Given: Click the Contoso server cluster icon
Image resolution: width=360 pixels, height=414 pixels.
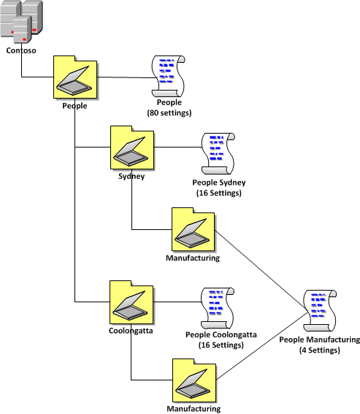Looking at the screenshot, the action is click(x=21, y=21).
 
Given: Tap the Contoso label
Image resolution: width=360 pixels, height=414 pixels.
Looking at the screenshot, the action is click(x=21, y=50).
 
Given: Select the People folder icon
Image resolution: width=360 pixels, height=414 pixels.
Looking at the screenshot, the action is click(x=75, y=77).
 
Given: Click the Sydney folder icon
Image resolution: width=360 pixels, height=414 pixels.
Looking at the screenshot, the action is click(x=132, y=147).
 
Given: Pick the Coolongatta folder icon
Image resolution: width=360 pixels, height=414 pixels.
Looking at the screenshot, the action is click(x=131, y=302).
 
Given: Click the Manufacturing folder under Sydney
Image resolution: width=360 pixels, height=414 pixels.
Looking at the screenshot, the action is click(x=194, y=229).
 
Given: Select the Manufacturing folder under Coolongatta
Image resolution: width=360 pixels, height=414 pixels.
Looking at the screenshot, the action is click(x=194, y=380).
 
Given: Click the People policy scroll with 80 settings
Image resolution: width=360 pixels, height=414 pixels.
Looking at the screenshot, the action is click(x=168, y=76).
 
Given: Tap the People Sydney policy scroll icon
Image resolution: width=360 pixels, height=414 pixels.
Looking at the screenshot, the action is click(x=218, y=153).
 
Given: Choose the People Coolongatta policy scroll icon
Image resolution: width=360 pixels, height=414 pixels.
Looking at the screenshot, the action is click(x=218, y=308).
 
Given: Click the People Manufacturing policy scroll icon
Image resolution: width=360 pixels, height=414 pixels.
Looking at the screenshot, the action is click(x=320, y=310).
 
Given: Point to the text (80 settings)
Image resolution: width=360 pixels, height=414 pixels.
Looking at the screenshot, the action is click(x=169, y=113).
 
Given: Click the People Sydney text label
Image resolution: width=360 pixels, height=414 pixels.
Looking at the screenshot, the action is click(x=219, y=183).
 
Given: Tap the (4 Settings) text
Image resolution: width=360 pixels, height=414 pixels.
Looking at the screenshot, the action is click(x=320, y=350).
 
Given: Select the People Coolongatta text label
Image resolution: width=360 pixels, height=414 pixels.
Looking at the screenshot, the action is click(x=221, y=334).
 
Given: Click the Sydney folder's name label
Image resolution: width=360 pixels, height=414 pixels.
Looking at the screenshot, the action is click(x=131, y=176).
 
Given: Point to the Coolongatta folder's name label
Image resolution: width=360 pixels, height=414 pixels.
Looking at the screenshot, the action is click(x=131, y=331).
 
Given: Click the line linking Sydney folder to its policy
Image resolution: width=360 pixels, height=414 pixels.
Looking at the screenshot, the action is click(x=177, y=147).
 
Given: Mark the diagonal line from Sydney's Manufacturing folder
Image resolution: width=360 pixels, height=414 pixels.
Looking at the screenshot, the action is click(x=261, y=272).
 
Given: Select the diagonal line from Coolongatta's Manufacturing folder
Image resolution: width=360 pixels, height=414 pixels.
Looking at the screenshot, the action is click(x=262, y=346).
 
